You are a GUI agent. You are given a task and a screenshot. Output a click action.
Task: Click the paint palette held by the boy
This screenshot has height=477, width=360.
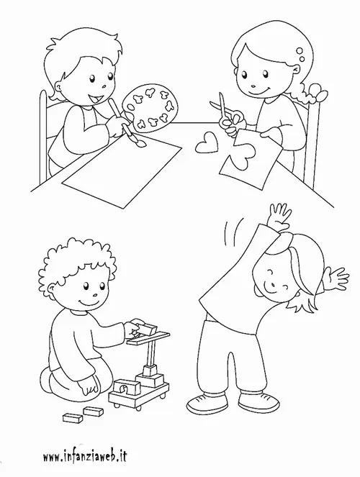[150, 109]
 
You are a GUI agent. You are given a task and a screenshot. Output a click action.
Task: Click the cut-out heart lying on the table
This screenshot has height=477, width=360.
[207, 142]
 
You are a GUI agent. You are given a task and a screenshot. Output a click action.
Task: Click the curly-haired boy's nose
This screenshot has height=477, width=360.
[95, 294]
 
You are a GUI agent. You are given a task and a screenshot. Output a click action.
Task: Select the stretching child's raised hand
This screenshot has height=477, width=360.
[279, 215]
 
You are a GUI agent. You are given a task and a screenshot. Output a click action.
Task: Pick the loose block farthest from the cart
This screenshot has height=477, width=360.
[73, 418]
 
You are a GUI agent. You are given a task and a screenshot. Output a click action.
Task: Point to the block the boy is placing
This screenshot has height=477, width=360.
[148, 330]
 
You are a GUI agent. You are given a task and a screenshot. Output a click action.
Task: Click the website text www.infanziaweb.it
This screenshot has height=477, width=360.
[84, 456]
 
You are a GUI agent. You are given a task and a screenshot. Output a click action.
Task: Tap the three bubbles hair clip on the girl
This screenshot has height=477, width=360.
[301, 55]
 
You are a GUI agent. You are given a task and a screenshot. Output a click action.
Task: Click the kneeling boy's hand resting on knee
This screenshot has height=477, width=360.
[89, 389]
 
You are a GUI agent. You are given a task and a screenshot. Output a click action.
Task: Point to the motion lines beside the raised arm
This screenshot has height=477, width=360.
[234, 230]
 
